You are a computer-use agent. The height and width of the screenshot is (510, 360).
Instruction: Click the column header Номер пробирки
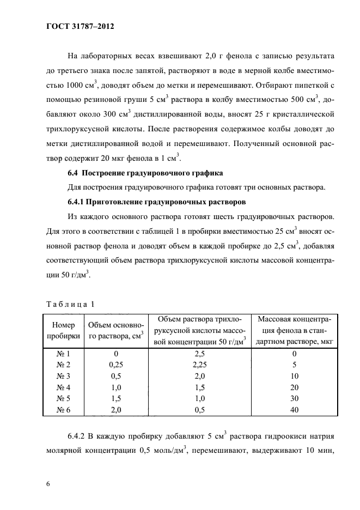[63, 330]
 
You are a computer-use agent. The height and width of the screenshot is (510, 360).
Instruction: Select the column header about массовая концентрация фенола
[295, 330]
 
